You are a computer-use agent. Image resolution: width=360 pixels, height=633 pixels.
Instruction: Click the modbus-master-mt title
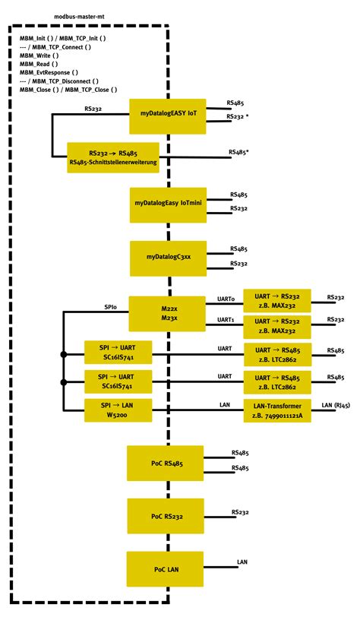point(80,15)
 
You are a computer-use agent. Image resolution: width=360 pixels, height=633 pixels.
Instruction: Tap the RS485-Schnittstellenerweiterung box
point(113,157)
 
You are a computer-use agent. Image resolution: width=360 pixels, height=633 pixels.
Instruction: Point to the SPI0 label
point(111,306)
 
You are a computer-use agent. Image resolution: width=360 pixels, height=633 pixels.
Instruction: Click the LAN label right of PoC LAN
point(242,562)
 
